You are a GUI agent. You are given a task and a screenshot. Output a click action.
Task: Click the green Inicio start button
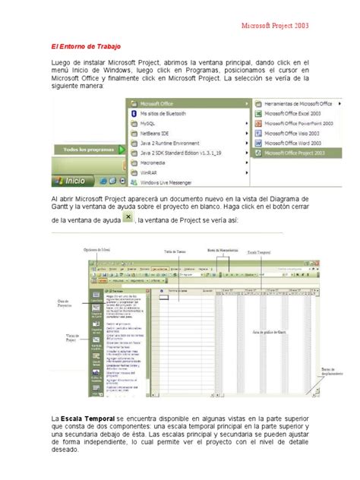coord(70,181)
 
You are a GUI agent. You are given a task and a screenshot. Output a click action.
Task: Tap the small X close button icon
coord(128,218)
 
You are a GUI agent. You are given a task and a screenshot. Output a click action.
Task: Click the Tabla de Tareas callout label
coord(175,251)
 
